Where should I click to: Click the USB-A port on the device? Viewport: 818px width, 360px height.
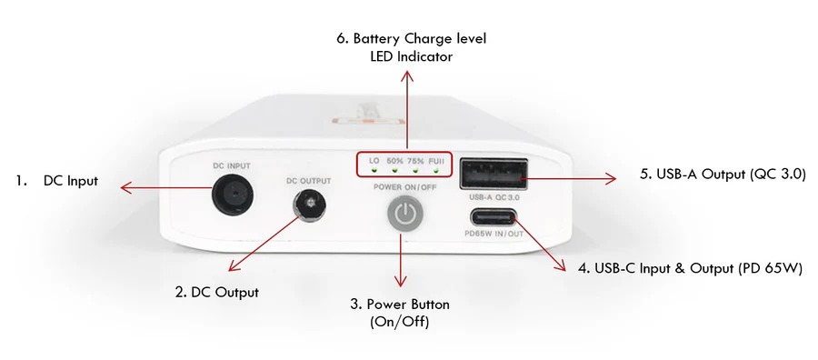(493, 174)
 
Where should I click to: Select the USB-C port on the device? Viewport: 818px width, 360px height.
(493, 216)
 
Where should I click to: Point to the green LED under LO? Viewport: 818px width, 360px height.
(374, 170)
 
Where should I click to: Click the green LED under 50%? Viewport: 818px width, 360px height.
(395, 170)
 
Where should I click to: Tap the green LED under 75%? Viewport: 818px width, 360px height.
(415, 170)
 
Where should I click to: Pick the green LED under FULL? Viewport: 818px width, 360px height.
(435, 170)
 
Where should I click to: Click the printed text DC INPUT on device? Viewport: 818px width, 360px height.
(232, 166)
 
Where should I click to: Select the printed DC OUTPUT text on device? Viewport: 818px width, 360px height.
(309, 181)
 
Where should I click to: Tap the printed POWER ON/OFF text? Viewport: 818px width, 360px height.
(404, 187)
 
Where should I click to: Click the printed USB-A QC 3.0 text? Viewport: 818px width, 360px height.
(494, 198)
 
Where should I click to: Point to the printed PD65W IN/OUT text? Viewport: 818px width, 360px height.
(494, 234)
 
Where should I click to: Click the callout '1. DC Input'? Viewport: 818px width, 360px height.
(56, 181)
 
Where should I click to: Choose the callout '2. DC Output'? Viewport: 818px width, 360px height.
(217, 292)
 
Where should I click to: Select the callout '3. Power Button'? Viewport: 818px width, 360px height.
(400, 305)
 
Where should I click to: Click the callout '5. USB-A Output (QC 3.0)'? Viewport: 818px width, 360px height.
(723, 175)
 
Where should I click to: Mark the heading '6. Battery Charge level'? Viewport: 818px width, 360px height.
(411, 38)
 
